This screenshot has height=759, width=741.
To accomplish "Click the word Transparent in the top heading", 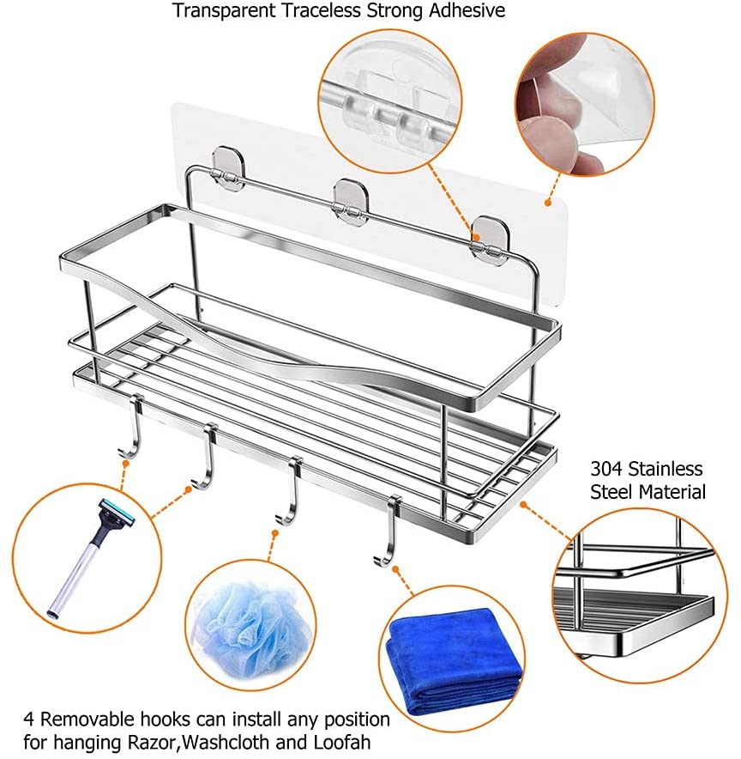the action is pos(224,10).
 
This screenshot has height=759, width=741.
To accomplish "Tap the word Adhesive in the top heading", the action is pos(467,10).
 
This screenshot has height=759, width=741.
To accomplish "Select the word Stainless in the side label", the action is pos(666,469).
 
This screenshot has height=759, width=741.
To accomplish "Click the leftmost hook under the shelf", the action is pos(132,427).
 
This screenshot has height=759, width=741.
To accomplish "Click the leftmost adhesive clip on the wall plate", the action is pos(227,166).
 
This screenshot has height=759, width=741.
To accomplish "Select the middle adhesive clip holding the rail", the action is pos(350,198).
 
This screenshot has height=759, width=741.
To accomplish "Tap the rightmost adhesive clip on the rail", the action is pos(489,236).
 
